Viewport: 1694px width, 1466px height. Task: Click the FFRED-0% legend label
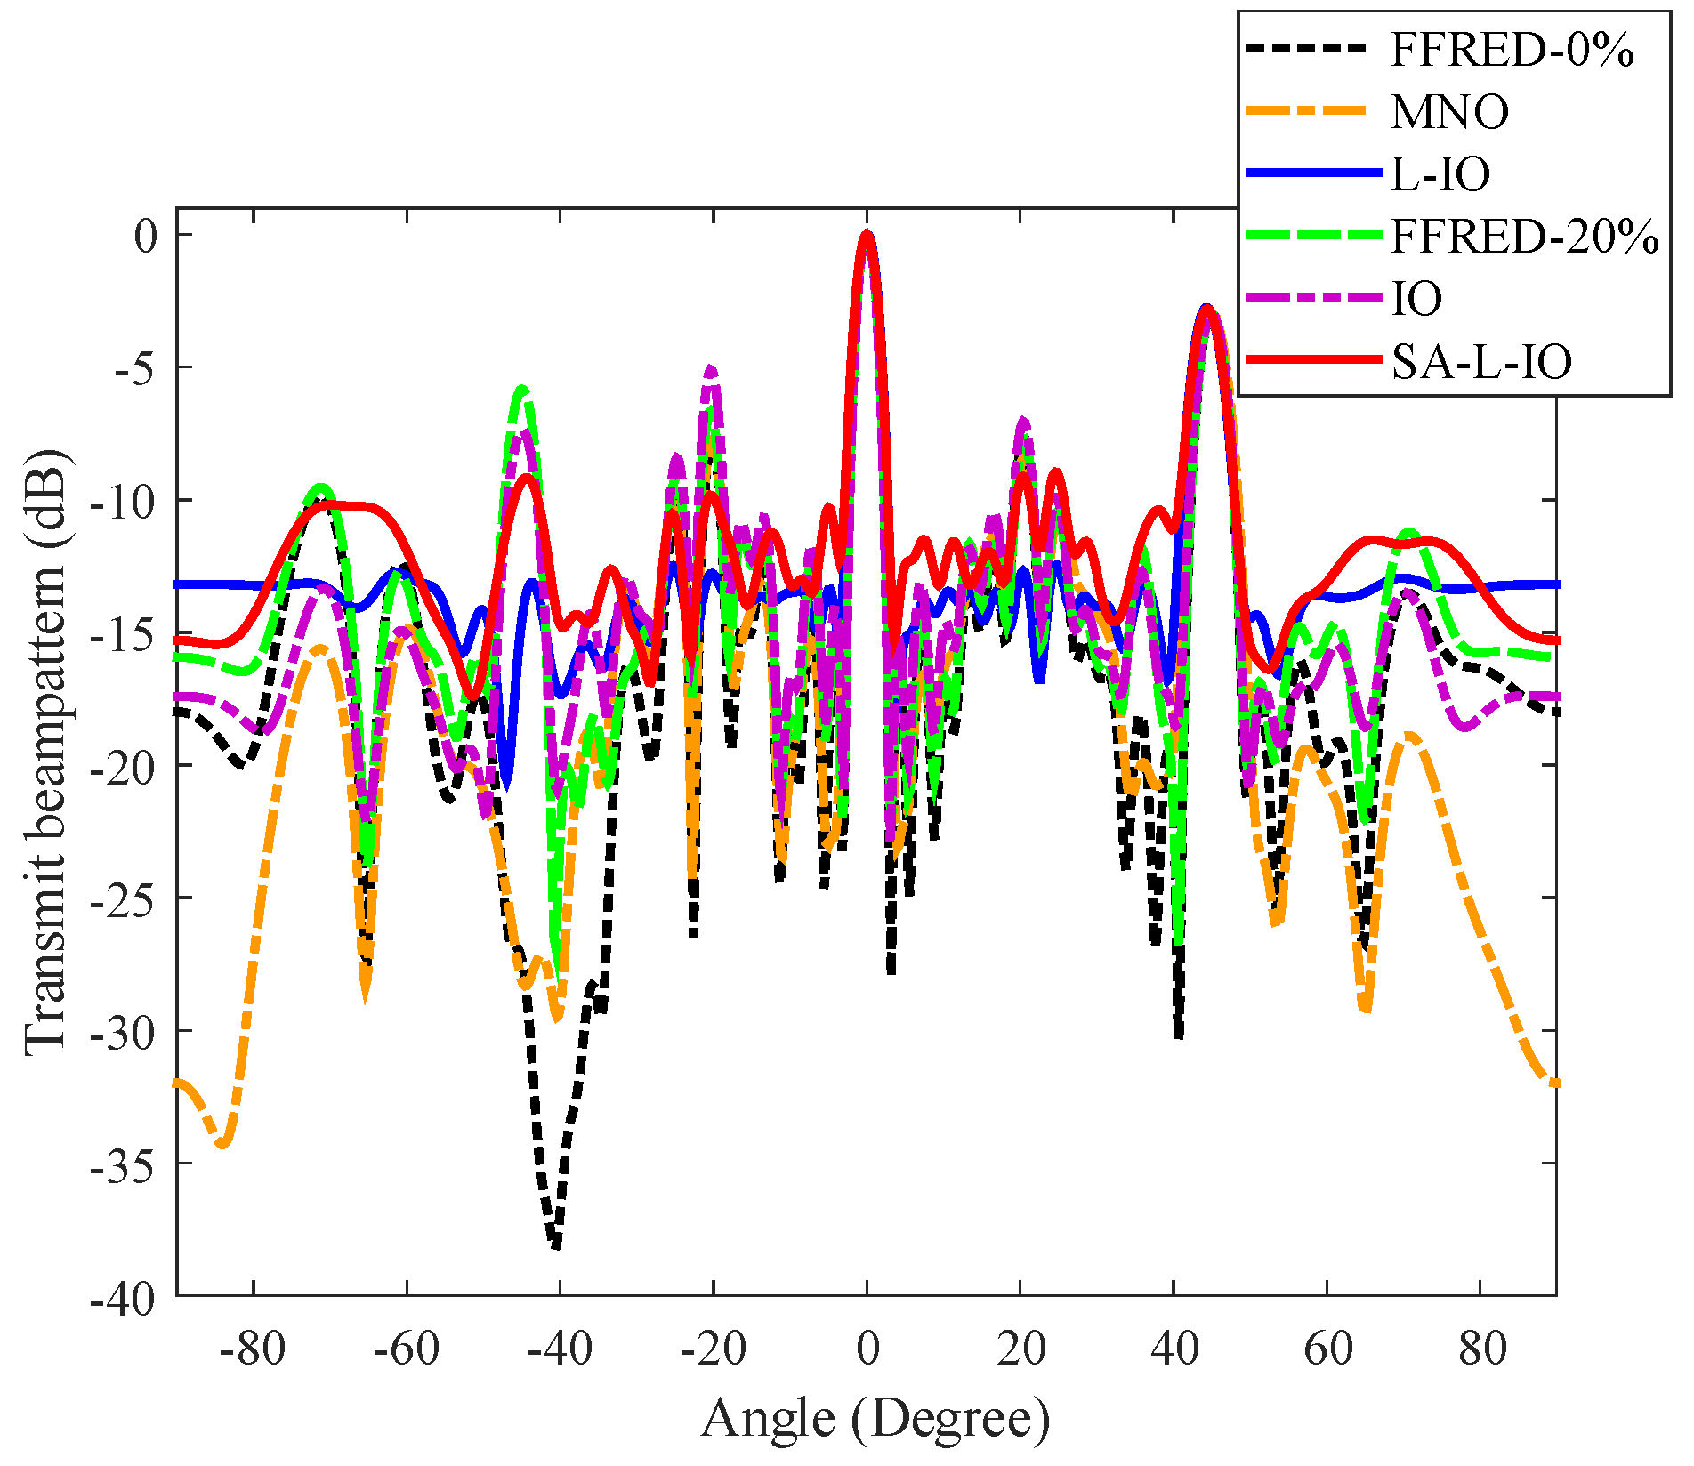click(x=1512, y=51)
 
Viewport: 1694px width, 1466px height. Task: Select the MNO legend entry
click(x=1449, y=113)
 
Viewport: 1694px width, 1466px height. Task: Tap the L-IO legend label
click(x=1440, y=174)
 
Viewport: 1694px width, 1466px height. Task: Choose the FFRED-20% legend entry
click(x=1524, y=237)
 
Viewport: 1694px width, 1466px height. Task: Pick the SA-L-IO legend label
click(x=1481, y=361)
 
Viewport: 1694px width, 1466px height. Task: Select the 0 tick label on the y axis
click(x=145, y=236)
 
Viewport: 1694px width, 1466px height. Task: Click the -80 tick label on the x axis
click(x=253, y=1349)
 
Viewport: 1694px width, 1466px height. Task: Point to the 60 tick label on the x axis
click(x=1328, y=1349)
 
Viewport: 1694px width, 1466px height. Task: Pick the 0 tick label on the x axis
click(x=867, y=1349)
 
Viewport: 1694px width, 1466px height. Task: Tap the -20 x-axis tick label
click(x=713, y=1349)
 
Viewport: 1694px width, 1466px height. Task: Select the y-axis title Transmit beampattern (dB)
click(x=46, y=752)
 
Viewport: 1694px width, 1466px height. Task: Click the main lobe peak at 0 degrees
click(x=867, y=234)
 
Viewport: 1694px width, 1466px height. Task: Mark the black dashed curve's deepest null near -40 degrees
click(x=555, y=1244)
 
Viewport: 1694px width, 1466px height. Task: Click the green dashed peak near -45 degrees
click(x=522, y=390)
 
